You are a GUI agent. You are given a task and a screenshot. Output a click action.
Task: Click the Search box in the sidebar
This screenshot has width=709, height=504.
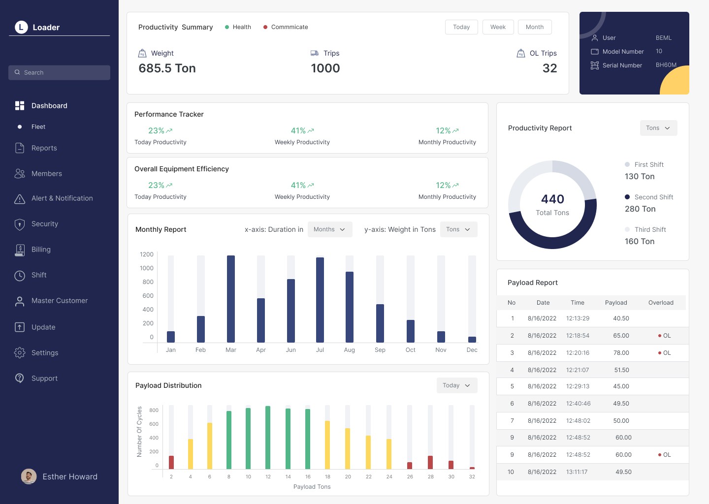click(x=59, y=72)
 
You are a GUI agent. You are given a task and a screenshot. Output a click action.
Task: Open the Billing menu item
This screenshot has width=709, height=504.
click(x=41, y=250)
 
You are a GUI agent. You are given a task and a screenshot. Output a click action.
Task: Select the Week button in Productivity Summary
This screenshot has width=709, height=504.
click(x=498, y=27)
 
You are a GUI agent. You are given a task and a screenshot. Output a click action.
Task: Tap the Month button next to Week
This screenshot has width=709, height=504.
click(x=535, y=27)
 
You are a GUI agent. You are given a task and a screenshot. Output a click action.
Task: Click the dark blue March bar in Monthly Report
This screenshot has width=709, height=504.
click(x=231, y=299)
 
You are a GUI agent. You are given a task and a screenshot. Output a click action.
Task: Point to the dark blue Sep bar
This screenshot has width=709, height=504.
click(x=380, y=323)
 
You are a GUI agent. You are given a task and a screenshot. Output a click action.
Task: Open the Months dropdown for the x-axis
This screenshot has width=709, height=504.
click(x=330, y=229)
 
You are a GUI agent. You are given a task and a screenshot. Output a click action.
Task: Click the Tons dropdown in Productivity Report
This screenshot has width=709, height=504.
click(x=658, y=128)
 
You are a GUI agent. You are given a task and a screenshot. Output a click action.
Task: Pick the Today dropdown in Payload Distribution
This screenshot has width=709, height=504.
click(x=457, y=385)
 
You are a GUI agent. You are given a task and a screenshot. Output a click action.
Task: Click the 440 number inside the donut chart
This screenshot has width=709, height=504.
click(x=552, y=199)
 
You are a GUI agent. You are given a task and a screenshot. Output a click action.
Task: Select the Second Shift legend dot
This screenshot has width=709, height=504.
click(x=627, y=197)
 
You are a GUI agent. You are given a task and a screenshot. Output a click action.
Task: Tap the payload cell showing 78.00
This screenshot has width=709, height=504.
click(x=621, y=353)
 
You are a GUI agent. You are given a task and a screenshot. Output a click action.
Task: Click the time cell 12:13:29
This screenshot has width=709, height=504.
click(x=578, y=318)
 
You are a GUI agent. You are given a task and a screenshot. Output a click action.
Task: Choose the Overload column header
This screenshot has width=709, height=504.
click(x=661, y=303)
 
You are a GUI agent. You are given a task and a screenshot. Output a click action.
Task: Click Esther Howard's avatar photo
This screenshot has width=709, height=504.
click(x=29, y=476)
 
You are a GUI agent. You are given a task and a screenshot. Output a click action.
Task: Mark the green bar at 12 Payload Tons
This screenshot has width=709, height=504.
click(x=268, y=437)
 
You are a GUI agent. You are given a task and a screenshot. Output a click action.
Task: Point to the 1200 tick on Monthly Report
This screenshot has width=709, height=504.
click(x=147, y=254)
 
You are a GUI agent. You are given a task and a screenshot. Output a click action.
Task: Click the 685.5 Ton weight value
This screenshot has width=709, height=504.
click(x=167, y=68)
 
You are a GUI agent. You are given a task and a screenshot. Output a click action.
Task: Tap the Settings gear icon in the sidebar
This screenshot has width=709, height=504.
click(x=20, y=352)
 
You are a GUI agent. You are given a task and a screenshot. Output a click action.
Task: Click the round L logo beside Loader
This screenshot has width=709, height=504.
click(x=21, y=27)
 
